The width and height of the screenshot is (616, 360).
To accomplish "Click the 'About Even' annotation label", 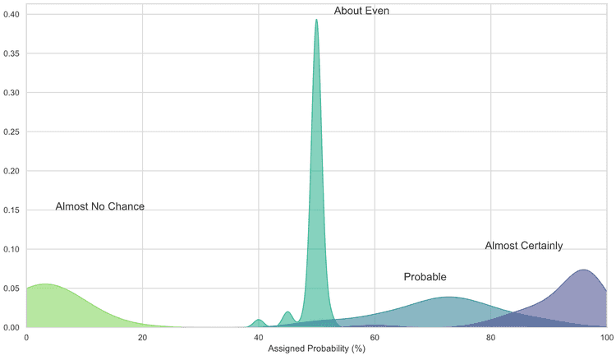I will click(361, 11).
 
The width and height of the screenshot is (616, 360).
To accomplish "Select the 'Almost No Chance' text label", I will click(99, 206).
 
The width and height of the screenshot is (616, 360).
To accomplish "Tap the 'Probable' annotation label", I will click(425, 277).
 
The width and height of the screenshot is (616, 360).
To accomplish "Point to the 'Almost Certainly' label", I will click(523, 246).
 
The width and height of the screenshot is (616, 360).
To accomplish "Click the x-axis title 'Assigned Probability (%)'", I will click(316, 349).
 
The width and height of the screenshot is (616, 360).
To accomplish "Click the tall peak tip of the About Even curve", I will click(316, 20).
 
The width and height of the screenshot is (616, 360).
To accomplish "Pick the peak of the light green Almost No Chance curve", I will click(44, 284).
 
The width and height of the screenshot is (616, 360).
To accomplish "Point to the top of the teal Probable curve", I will click(448, 297).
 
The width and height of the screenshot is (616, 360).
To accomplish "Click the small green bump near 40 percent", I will click(259, 320).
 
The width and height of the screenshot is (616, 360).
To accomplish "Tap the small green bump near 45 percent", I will click(287, 312).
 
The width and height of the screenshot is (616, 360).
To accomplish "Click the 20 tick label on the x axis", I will click(142, 337).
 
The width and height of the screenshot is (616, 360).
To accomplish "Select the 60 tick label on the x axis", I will click(375, 337).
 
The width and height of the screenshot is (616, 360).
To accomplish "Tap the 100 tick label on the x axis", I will click(605, 337).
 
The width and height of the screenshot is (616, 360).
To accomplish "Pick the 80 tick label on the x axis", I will click(490, 337).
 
